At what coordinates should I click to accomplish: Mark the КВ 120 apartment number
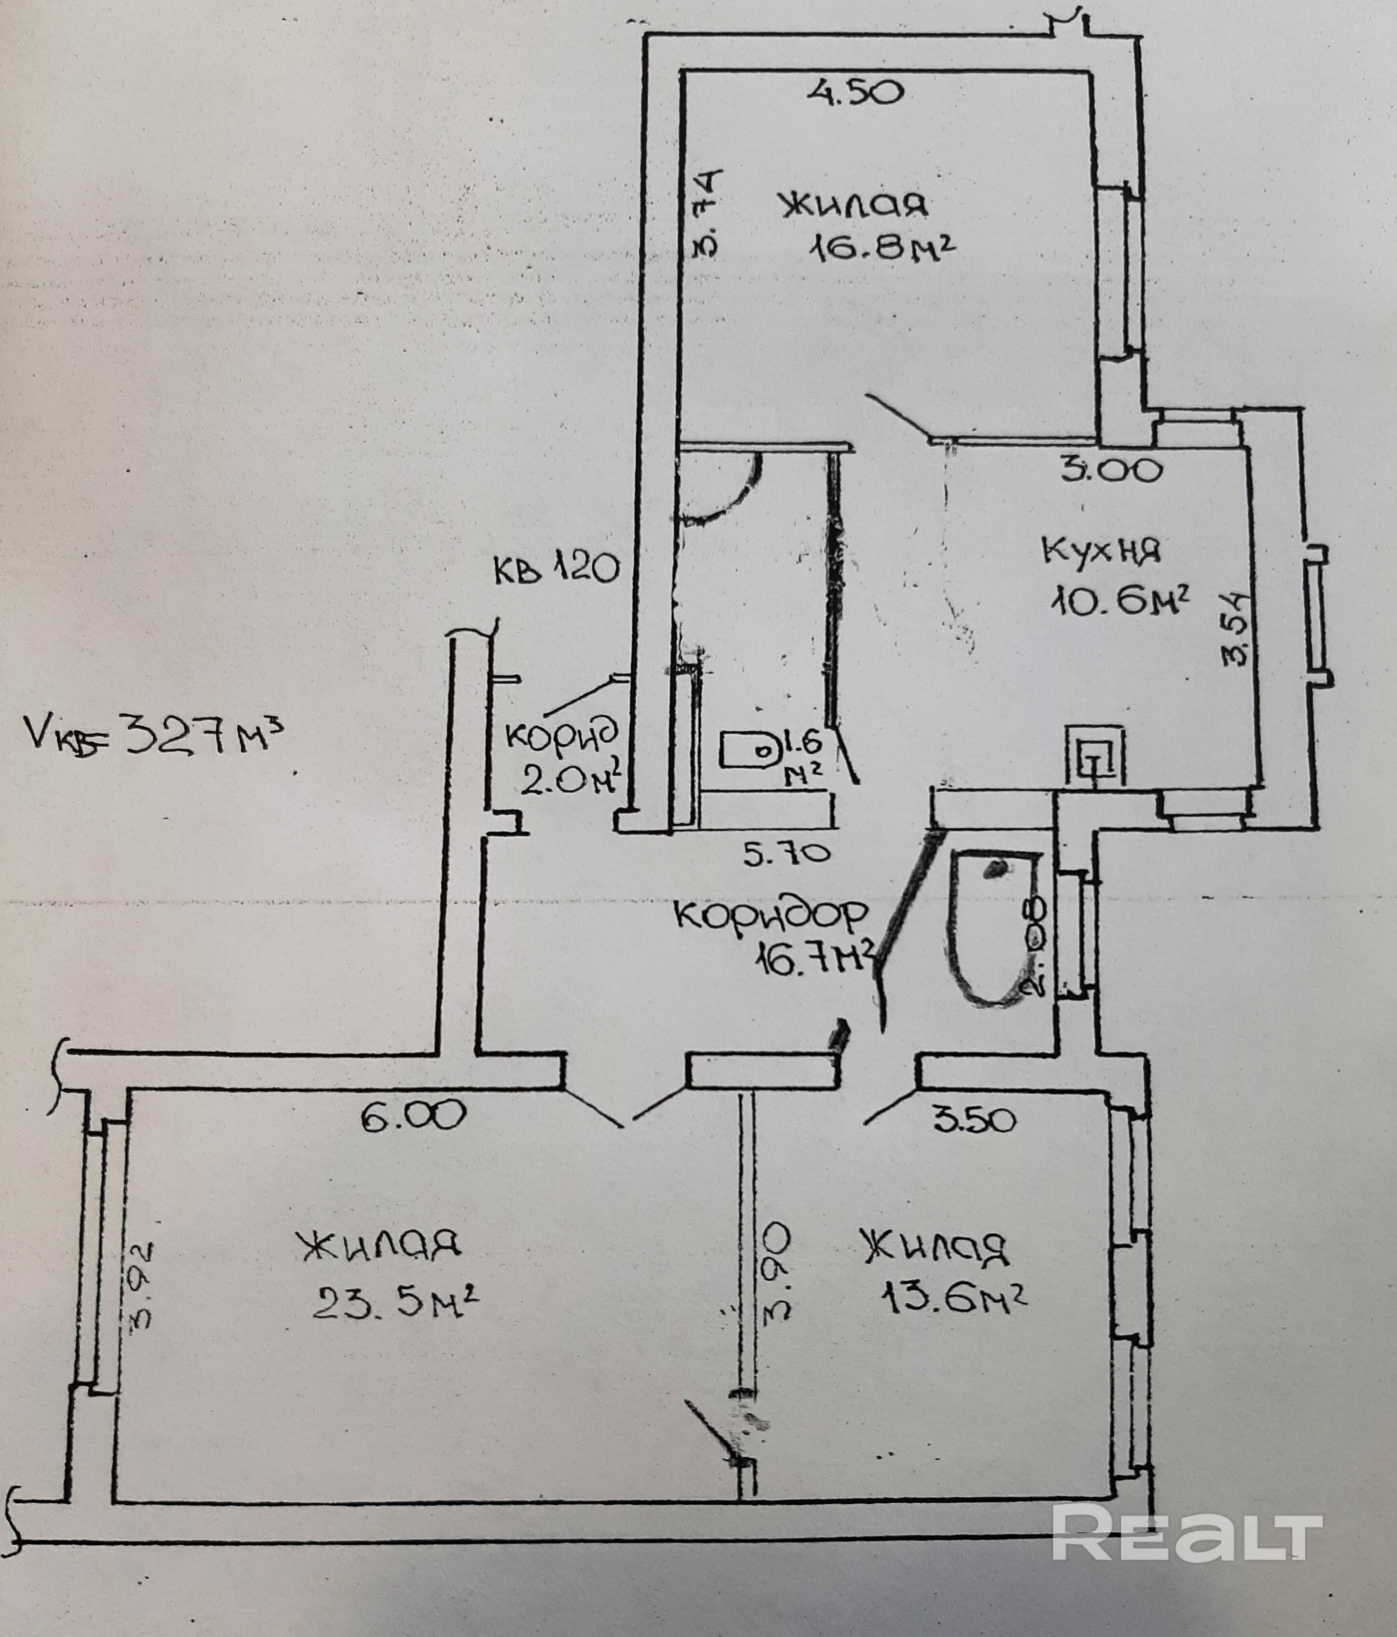pyautogui.click(x=555, y=567)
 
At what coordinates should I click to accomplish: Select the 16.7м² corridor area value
pyautogui.click(x=815, y=961)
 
